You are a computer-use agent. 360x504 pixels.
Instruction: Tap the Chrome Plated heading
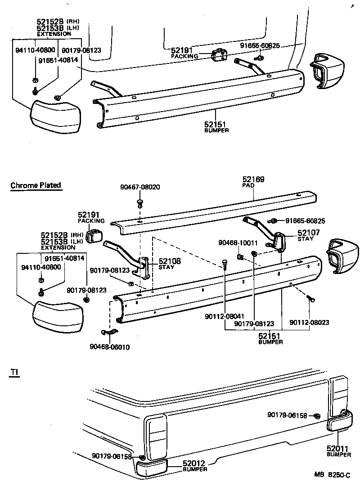pyautogui.click(x=36, y=185)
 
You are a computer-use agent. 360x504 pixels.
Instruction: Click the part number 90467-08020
pyautogui.click(x=140, y=187)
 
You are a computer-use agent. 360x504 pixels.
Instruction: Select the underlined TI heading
pyautogui.click(x=13, y=372)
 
